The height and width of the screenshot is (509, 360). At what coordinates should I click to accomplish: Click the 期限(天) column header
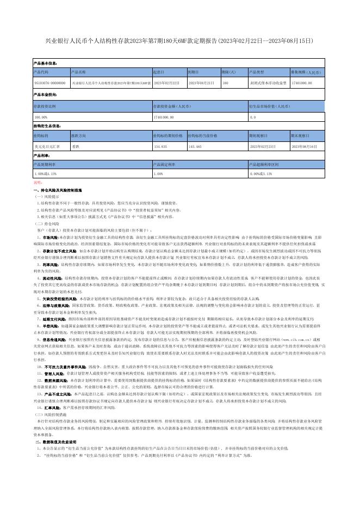click(228, 71)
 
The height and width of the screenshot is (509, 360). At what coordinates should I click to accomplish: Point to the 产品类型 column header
click(256, 71)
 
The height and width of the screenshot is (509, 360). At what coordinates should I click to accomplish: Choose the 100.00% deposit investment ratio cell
click(41, 117)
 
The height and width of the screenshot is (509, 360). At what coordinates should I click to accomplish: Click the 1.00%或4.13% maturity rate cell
click(45, 173)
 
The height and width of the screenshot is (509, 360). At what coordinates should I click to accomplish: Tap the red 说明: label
click(38, 183)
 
